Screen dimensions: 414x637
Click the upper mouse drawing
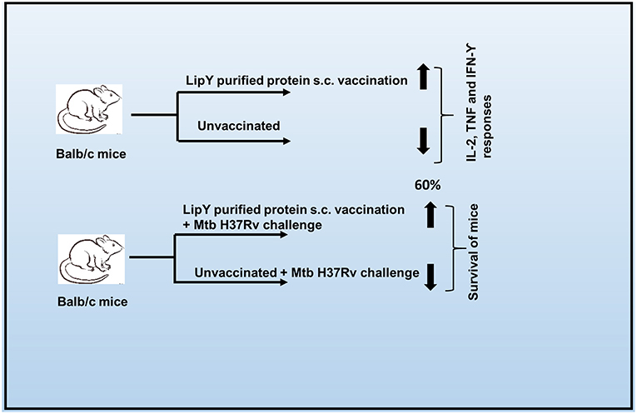coord(91,109)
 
